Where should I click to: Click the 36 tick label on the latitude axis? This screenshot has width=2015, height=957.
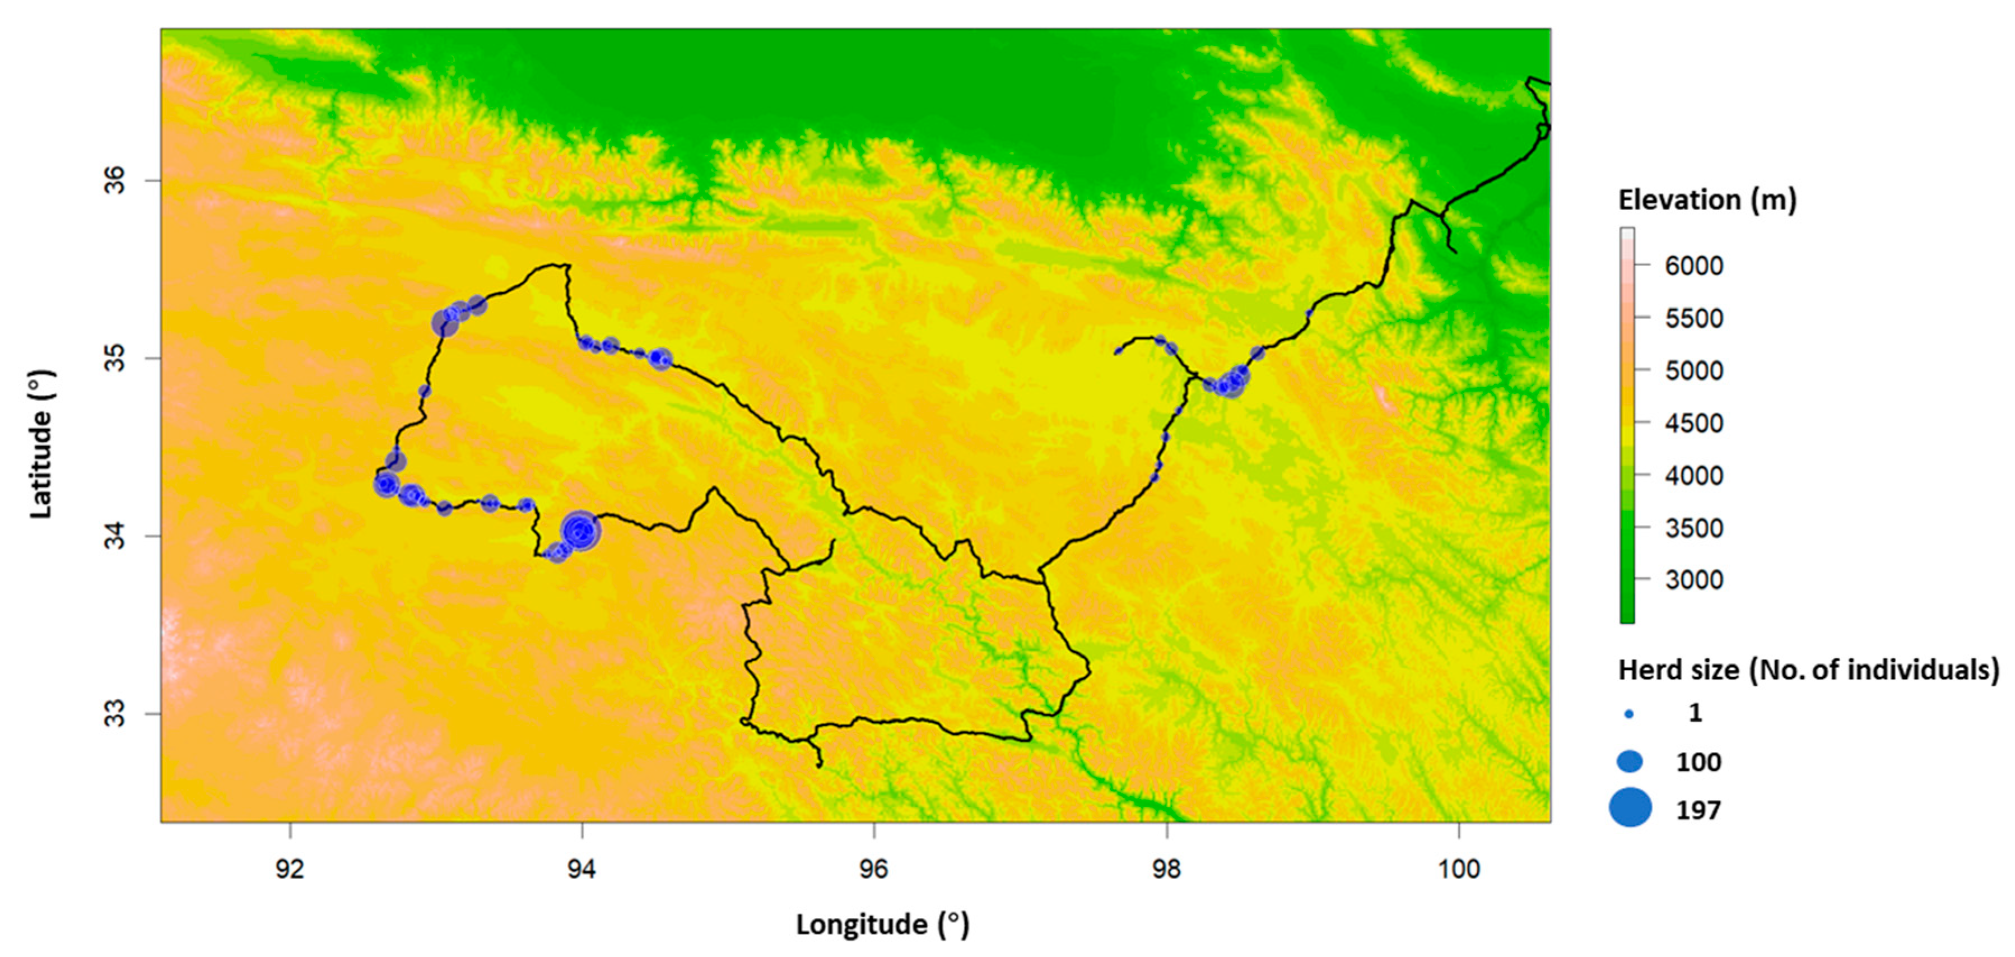click(x=115, y=181)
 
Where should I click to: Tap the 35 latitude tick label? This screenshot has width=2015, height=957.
click(x=115, y=359)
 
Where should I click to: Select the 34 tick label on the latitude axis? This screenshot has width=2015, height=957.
click(x=115, y=536)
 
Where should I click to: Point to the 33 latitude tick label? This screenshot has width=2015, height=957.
click(x=115, y=714)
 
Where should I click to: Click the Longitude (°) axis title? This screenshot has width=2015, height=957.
click(x=882, y=924)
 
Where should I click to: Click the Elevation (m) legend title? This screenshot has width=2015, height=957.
click(x=1707, y=201)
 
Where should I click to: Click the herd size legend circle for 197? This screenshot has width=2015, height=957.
click(x=1630, y=807)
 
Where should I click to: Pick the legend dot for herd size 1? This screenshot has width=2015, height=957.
click(x=1630, y=714)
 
